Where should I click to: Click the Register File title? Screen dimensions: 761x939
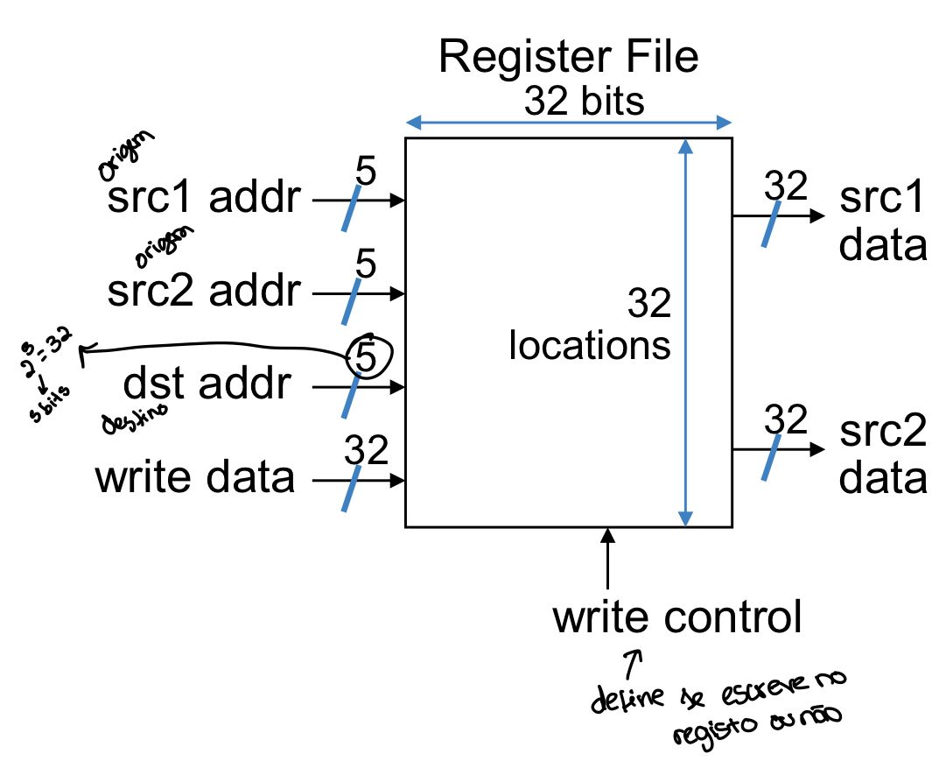569,58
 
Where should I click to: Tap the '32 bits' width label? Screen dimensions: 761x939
585,102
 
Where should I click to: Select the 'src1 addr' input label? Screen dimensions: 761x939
204,200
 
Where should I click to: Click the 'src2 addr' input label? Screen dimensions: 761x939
203,292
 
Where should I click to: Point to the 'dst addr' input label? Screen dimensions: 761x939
207,384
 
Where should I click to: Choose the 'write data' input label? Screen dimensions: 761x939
195,478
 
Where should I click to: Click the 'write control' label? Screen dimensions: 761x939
676,617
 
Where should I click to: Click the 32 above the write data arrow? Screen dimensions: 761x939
366,450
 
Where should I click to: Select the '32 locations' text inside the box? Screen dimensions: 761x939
591,325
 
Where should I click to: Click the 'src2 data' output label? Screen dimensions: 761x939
882,456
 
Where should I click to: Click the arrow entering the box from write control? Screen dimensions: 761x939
607,556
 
